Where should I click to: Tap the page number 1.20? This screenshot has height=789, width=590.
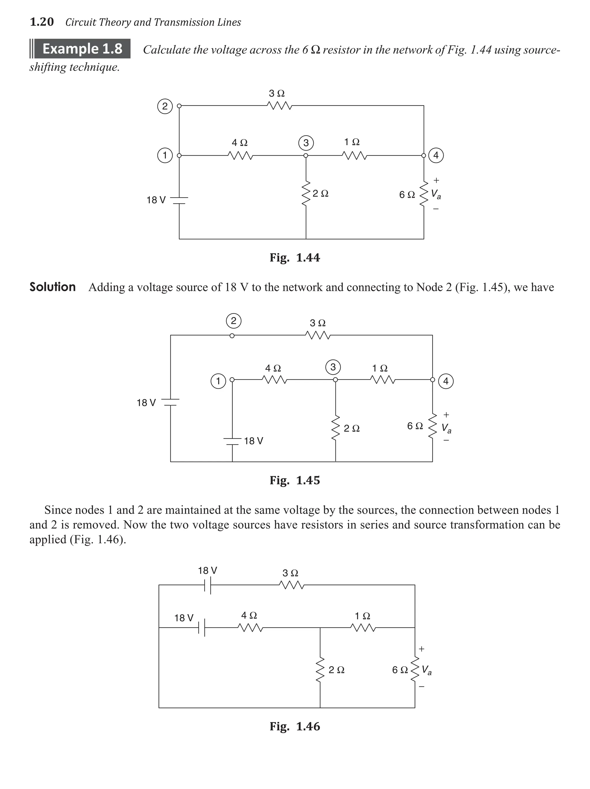(x=42, y=22)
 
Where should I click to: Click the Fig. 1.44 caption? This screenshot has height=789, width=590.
(x=295, y=258)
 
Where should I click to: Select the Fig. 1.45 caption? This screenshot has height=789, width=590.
(x=295, y=480)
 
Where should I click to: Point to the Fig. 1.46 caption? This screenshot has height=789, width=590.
(x=295, y=726)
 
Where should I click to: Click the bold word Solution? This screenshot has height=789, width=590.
(x=52, y=287)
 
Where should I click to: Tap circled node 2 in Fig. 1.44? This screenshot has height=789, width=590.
(x=164, y=106)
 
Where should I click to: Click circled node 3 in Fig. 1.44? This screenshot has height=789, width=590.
(x=306, y=143)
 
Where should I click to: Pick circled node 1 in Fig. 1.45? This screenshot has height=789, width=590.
(x=218, y=381)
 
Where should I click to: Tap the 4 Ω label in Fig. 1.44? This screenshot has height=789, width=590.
(x=239, y=143)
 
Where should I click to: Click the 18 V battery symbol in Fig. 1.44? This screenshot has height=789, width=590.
(x=179, y=200)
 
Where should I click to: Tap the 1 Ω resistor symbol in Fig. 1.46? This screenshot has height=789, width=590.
(x=362, y=627)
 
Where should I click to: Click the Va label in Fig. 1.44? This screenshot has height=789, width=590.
(x=436, y=194)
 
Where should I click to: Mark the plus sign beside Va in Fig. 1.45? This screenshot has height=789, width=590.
(x=446, y=415)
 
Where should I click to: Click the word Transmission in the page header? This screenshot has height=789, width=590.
(x=183, y=22)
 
